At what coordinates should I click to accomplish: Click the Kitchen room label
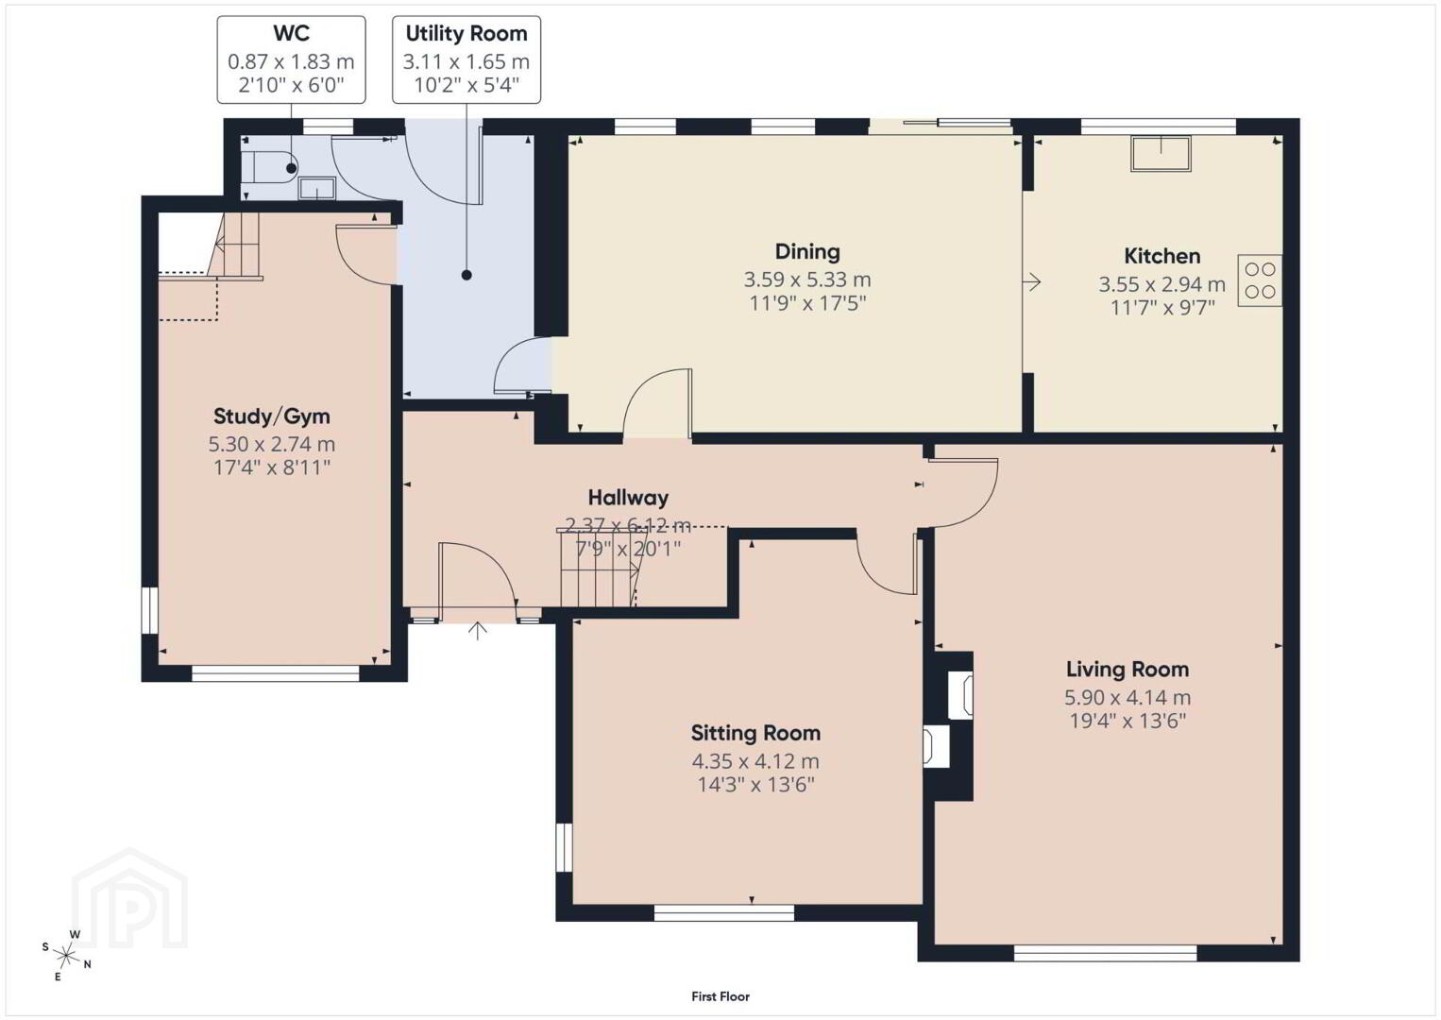1161,256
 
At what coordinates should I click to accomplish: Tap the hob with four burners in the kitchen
1260,280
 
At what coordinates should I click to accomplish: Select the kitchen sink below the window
1161,154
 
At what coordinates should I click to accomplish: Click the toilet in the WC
271,169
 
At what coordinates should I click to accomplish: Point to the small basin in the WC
317,189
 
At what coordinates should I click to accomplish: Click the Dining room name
807,251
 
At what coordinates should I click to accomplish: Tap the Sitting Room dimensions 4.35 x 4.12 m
755,761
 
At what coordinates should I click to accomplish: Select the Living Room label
1127,670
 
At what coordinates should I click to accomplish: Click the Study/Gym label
271,416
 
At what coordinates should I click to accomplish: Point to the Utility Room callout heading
466,33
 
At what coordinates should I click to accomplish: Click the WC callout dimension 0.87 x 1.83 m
292,61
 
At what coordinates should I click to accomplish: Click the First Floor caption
720,996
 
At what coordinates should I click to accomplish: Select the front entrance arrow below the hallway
477,631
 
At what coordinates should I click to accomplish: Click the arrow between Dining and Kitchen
1032,281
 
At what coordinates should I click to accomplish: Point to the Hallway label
628,498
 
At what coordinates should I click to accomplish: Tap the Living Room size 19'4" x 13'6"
1127,721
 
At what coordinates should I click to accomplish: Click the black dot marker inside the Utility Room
466,276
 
